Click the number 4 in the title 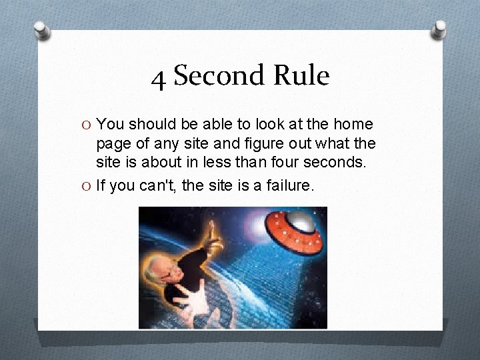point(159,79)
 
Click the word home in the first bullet point(353,124)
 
